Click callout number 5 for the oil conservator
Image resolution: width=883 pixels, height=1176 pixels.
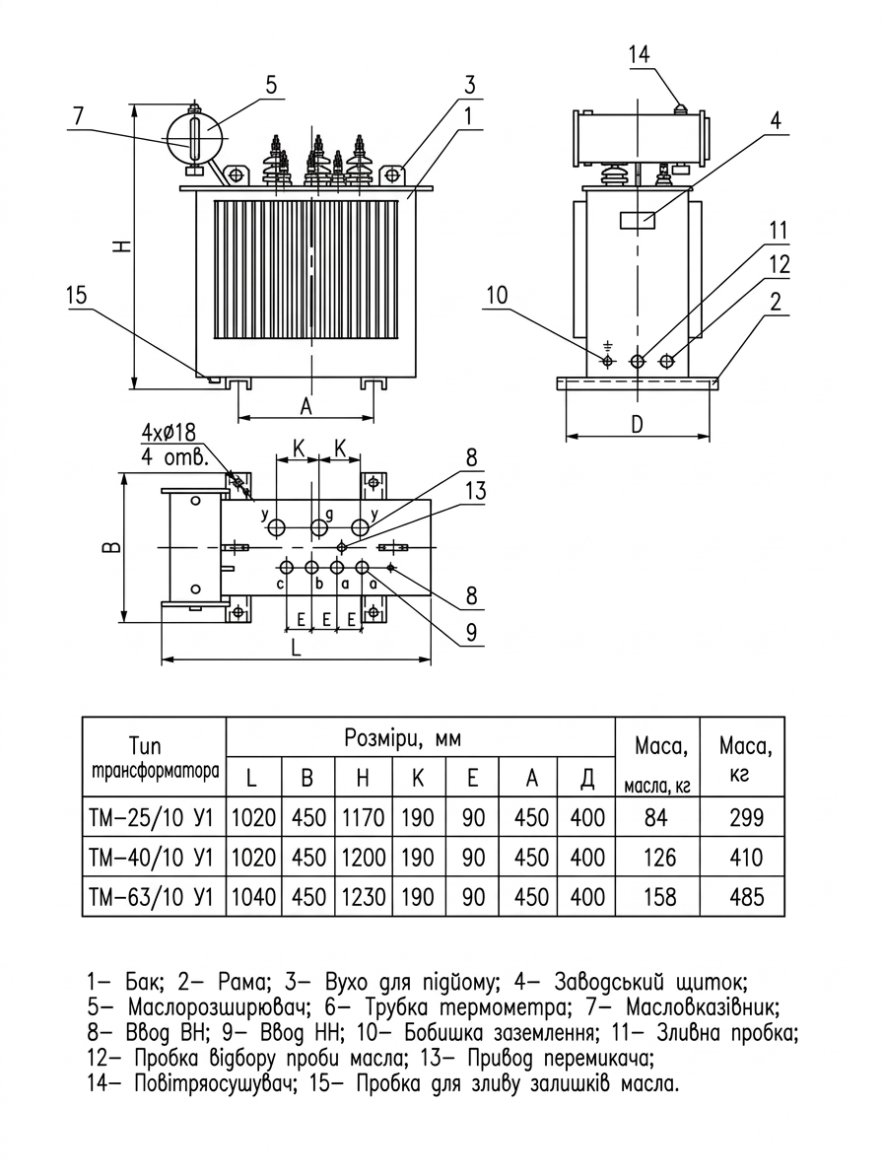(271, 86)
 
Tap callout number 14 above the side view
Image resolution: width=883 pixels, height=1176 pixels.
(639, 55)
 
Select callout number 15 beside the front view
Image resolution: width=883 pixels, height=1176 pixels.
(77, 296)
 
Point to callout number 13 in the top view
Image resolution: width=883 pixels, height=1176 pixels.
(475, 491)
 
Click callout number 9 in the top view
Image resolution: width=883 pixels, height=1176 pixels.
(471, 632)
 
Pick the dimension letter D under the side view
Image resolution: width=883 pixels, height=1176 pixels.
(637, 425)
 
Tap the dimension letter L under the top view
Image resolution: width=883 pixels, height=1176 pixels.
(296, 648)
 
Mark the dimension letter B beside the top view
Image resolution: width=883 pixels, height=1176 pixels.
(111, 547)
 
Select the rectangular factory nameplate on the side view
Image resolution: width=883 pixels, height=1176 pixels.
(638, 220)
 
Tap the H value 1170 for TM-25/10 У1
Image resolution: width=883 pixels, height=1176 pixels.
(364, 817)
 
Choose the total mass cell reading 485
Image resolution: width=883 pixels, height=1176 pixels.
(747, 896)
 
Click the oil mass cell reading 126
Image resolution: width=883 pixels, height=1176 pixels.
(659, 858)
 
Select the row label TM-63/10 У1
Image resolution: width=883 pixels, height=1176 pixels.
(152, 896)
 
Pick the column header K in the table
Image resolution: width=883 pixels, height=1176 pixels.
(418, 778)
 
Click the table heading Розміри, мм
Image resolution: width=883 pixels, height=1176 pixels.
(402, 738)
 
